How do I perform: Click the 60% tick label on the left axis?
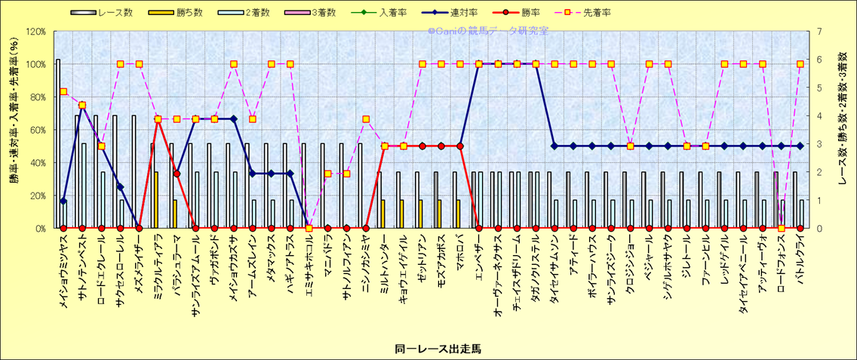(37, 129)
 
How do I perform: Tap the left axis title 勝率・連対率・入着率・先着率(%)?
(14, 129)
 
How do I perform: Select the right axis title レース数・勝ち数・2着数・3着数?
(843, 129)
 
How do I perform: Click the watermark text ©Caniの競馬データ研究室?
(488, 31)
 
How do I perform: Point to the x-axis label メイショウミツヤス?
(63, 269)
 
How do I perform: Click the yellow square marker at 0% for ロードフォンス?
(782, 228)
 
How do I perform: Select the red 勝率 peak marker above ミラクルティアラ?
(158, 119)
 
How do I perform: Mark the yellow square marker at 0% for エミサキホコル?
(309, 228)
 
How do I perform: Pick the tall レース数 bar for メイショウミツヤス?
(58, 143)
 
